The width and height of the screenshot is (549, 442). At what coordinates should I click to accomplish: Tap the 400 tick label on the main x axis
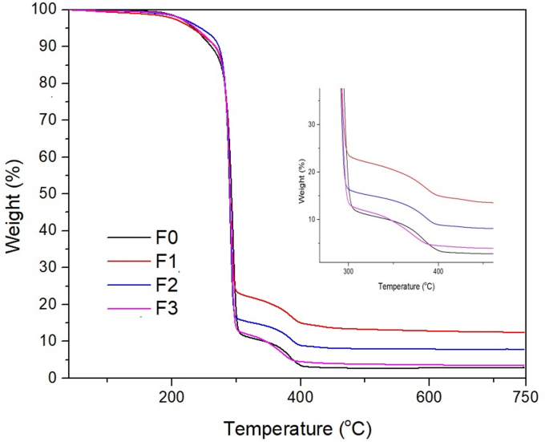pyautogui.click(x=301, y=395)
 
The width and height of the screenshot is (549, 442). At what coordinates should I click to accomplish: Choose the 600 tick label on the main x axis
pyautogui.click(x=429, y=395)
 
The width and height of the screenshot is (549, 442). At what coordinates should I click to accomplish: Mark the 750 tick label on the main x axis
pyautogui.click(x=525, y=395)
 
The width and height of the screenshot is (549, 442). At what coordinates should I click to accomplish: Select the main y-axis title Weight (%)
pyautogui.click(x=14, y=194)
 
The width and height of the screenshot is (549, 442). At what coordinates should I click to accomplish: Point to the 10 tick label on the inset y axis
pyautogui.click(x=314, y=218)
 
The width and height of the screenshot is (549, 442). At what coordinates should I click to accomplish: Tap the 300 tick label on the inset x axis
pyautogui.click(x=348, y=271)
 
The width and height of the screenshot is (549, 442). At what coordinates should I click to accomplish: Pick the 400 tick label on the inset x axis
pyautogui.click(x=438, y=271)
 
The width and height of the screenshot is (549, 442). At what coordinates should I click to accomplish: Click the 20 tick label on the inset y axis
pyautogui.click(x=314, y=172)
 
